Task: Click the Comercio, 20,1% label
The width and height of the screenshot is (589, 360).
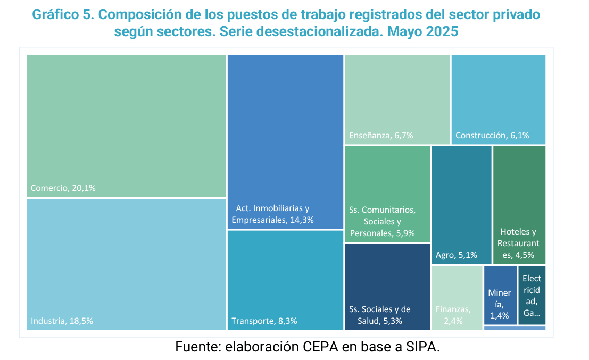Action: coord(63,188)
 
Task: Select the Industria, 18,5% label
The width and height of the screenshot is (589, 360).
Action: coord(62,321)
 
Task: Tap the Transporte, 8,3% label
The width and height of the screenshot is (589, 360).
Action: coord(264,321)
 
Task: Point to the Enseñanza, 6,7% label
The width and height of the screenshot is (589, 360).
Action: coord(381,136)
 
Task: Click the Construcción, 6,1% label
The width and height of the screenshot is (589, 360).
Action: coord(492,136)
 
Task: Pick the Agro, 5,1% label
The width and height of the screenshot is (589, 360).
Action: coord(456,255)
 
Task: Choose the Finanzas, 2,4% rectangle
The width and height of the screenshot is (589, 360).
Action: coord(457,298)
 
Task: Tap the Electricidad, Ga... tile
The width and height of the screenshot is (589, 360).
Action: coord(532,295)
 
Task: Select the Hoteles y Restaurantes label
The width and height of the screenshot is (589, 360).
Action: coord(519,244)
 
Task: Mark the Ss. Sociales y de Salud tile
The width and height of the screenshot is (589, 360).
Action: coord(387,287)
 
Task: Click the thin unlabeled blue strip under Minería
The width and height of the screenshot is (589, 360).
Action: coord(515,328)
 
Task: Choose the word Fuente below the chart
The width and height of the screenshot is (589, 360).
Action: coord(197,348)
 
